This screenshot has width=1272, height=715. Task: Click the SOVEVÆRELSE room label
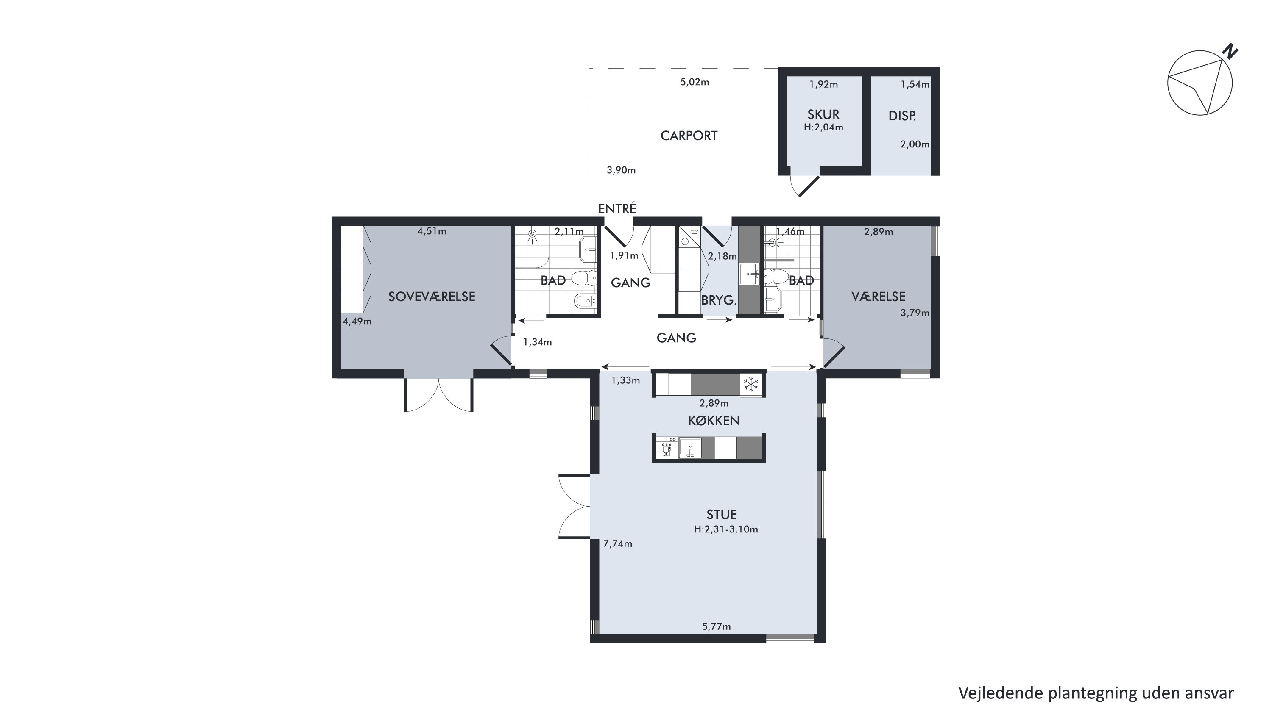point(432,297)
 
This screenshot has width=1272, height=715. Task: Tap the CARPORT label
point(689,136)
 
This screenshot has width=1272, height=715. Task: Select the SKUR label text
point(823,114)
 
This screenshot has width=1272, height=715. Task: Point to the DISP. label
point(902,116)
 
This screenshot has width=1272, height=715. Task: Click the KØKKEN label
point(714,421)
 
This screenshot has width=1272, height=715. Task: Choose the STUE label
point(721,515)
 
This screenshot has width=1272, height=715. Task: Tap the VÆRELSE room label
point(879,297)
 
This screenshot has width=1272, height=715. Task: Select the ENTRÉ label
point(617,209)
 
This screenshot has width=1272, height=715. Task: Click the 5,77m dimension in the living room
point(716,626)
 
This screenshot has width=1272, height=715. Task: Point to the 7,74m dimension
point(617,544)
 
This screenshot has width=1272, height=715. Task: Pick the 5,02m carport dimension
point(694,82)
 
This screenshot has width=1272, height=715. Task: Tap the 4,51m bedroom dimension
point(432,231)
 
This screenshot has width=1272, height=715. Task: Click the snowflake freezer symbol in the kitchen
point(751,384)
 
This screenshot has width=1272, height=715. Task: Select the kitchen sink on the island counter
point(690,448)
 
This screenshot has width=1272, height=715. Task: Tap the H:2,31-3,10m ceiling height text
point(726,529)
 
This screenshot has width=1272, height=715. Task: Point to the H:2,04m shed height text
point(823,127)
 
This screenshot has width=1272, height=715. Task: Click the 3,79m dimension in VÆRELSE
point(915,313)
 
